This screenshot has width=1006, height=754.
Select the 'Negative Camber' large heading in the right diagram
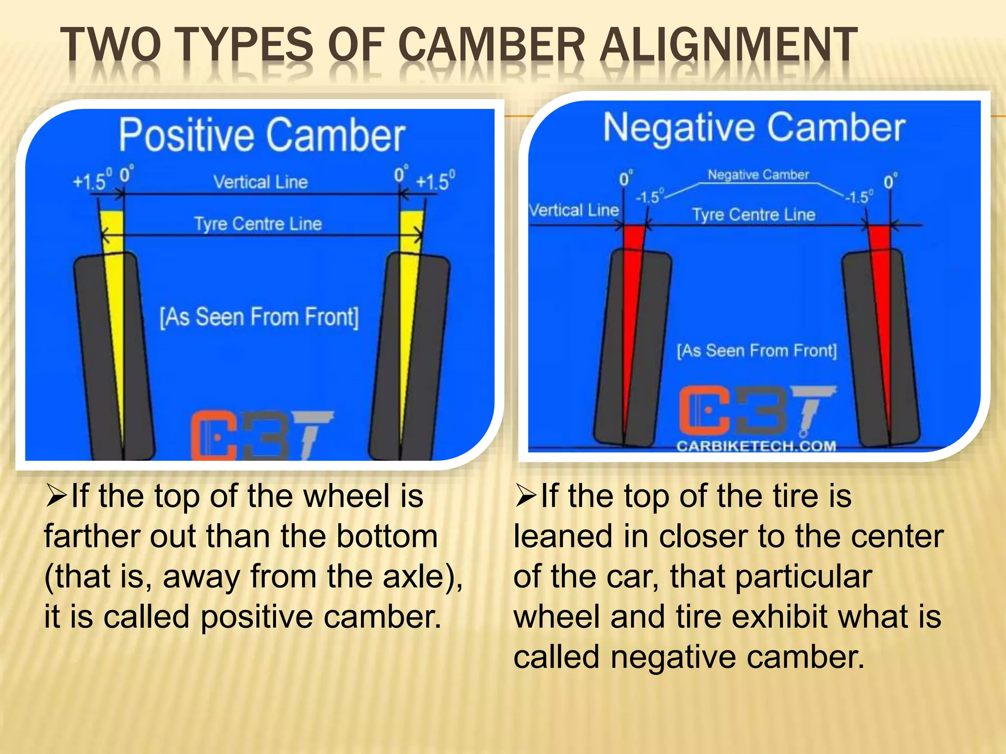coord(754,127)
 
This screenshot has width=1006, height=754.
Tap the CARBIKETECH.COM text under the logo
coord(756,446)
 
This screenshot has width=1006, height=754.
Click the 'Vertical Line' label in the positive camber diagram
coord(260,182)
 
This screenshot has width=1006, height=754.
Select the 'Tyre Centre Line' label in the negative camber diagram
coord(754,215)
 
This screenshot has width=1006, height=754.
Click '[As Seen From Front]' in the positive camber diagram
coord(259,317)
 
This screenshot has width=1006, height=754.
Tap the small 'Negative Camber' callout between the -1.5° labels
coord(758,175)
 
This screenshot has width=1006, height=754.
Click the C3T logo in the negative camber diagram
coord(756,410)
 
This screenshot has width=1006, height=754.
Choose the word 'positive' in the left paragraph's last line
coord(257,617)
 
